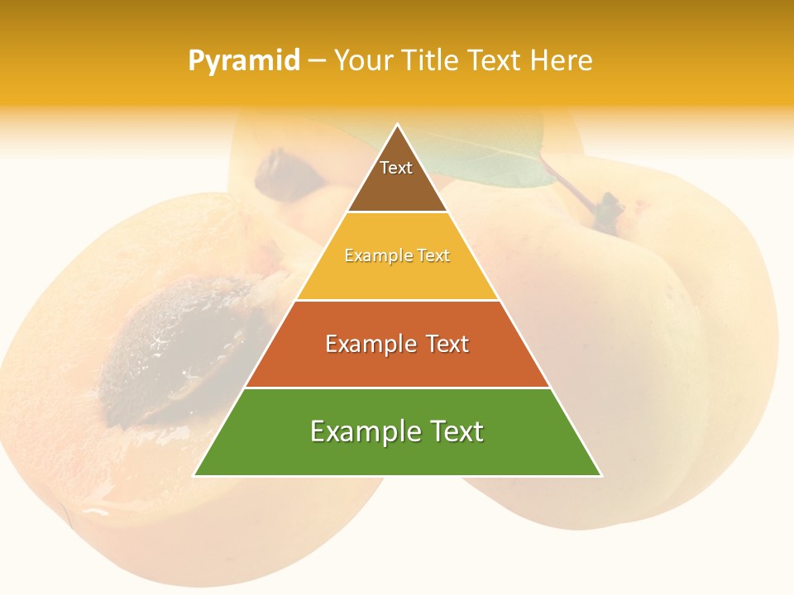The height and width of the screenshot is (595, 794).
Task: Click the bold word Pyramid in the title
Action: [x=244, y=61]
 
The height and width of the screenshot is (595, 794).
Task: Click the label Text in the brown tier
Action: [x=396, y=168]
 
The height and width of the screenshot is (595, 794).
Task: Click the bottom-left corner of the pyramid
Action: [x=195, y=475]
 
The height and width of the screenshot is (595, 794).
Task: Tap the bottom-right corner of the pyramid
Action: [x=600, y=475]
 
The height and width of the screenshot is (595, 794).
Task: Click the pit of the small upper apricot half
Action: [x=285, y=169]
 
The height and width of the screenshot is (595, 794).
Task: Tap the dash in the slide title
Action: [x=317, y=61]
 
